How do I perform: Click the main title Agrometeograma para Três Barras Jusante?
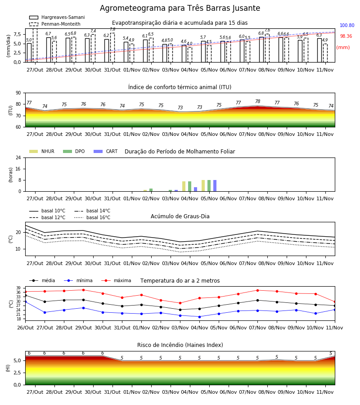coord(180,8)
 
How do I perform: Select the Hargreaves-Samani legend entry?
coord(57,17)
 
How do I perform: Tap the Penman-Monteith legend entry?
coord(55,24)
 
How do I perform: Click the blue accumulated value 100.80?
coord(347,25)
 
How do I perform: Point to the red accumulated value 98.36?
coord(346,36)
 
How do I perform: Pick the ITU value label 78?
coord(258,101)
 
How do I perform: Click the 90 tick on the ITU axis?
coord(18,93)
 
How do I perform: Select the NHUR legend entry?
coord(42,151)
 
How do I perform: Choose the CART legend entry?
coord(106,151)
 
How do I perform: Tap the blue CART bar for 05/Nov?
coord(215,186)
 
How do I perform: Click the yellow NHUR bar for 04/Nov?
coord(184,186)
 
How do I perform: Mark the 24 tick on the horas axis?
coord(18,157)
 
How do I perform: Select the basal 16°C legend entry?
coord(92,217)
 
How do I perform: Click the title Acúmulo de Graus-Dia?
coord(180,216)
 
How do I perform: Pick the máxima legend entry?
coord(117,280)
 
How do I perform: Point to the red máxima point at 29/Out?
coord(83,290)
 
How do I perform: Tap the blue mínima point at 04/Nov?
coord(200,317)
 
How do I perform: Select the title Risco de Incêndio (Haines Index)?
coord(180,345)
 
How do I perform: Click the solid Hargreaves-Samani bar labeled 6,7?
coord(49,50)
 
